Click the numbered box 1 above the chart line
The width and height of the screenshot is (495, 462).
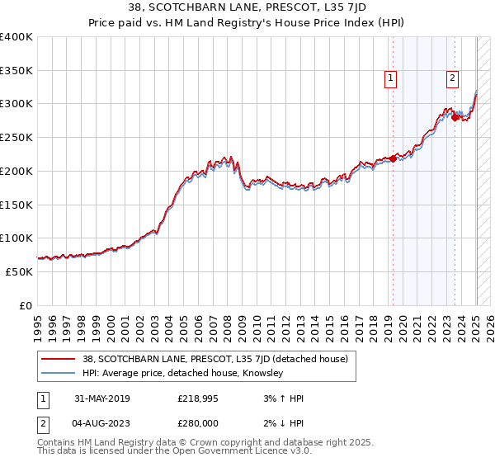tap(390, 79)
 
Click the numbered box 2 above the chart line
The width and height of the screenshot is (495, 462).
tap(453, 79)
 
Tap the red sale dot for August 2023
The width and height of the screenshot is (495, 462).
tap(455, 118)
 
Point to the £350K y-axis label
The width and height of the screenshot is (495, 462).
tap(16, 71)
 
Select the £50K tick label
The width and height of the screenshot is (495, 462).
tap(19, 271)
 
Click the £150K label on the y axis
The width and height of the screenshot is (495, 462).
tap(16, 205)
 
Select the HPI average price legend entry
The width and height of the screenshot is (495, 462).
tap(182, 374)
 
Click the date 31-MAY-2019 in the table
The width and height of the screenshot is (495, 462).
tap(102, 398)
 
